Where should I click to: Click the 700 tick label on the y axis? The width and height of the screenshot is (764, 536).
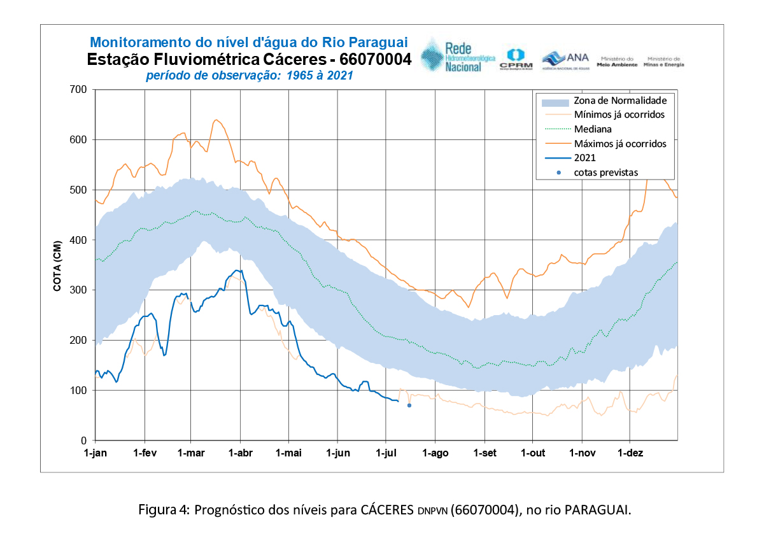(x=78, y=89)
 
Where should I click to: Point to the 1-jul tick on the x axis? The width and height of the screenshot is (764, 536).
(x=386, y=453)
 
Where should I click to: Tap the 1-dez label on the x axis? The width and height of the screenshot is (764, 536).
(x=630, y=453)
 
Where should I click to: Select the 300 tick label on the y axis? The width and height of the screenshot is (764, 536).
(x=78, y=290)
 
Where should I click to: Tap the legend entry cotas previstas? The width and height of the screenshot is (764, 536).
(x=605, y=173)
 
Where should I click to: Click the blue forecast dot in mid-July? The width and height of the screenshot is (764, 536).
(x=409, y=406)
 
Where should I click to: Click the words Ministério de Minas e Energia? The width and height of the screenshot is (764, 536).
(x=665, y=61)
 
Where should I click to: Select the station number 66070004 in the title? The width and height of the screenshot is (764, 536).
(x=376, y=60)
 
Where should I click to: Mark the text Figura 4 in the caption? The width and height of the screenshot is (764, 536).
(x=162, y=510)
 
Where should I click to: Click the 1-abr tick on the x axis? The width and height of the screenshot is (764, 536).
(x=240, y=453)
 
